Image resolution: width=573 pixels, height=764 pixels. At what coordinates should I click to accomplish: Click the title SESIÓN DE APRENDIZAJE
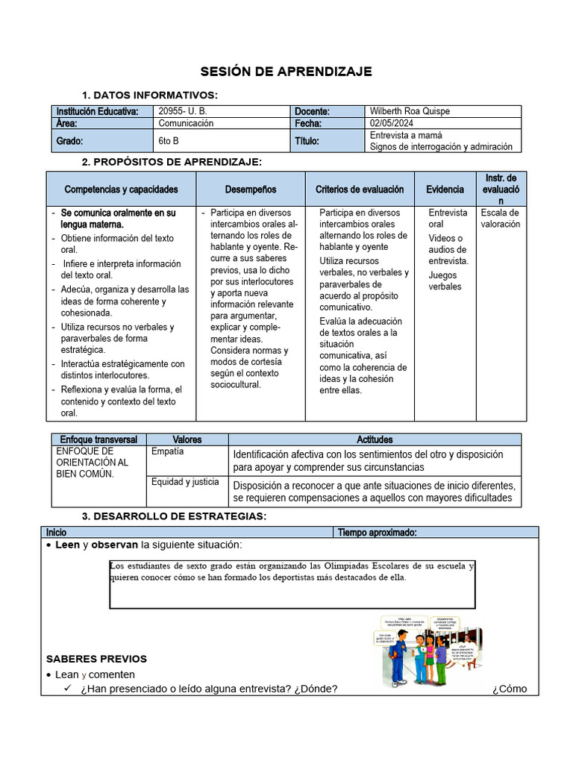(x=286, y=72)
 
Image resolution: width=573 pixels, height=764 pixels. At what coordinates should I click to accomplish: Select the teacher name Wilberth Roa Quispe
(x=410, y=111)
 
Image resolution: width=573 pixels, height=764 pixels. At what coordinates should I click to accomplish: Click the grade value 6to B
(x=169, y=141)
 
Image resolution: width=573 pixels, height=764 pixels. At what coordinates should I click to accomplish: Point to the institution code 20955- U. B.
(x=183, y=111)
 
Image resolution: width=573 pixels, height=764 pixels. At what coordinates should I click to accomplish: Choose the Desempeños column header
(x=251, y=190)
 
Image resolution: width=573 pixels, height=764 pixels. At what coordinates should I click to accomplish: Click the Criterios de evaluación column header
(x=360, y=190)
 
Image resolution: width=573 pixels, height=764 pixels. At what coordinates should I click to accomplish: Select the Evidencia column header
(x=445, y=190)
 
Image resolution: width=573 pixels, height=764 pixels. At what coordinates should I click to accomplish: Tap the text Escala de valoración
(x=500, y=218)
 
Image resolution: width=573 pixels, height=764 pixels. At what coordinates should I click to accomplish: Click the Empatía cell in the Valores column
(x=167, y=451)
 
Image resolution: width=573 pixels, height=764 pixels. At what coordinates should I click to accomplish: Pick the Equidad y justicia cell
(x=185, y=482)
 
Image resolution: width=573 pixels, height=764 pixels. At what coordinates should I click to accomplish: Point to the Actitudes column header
(x=375, y=439)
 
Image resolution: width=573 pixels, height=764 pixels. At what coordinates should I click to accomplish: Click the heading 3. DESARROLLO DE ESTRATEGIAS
(x=173, y=517)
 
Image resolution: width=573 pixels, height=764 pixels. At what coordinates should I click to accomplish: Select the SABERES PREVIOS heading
(x=96, y=659)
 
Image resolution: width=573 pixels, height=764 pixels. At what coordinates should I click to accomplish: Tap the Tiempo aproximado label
(x=377, y=532)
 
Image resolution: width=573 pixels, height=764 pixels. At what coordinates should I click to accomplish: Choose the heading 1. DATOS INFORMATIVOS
(x=149, y=95)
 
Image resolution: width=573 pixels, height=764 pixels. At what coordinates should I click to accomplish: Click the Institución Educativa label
(x=97, y=111)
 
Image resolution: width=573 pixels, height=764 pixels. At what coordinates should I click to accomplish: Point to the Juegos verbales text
(x=445, y=281)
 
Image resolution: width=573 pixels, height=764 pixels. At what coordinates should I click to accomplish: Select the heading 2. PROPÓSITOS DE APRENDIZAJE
(x=172, y=162)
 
